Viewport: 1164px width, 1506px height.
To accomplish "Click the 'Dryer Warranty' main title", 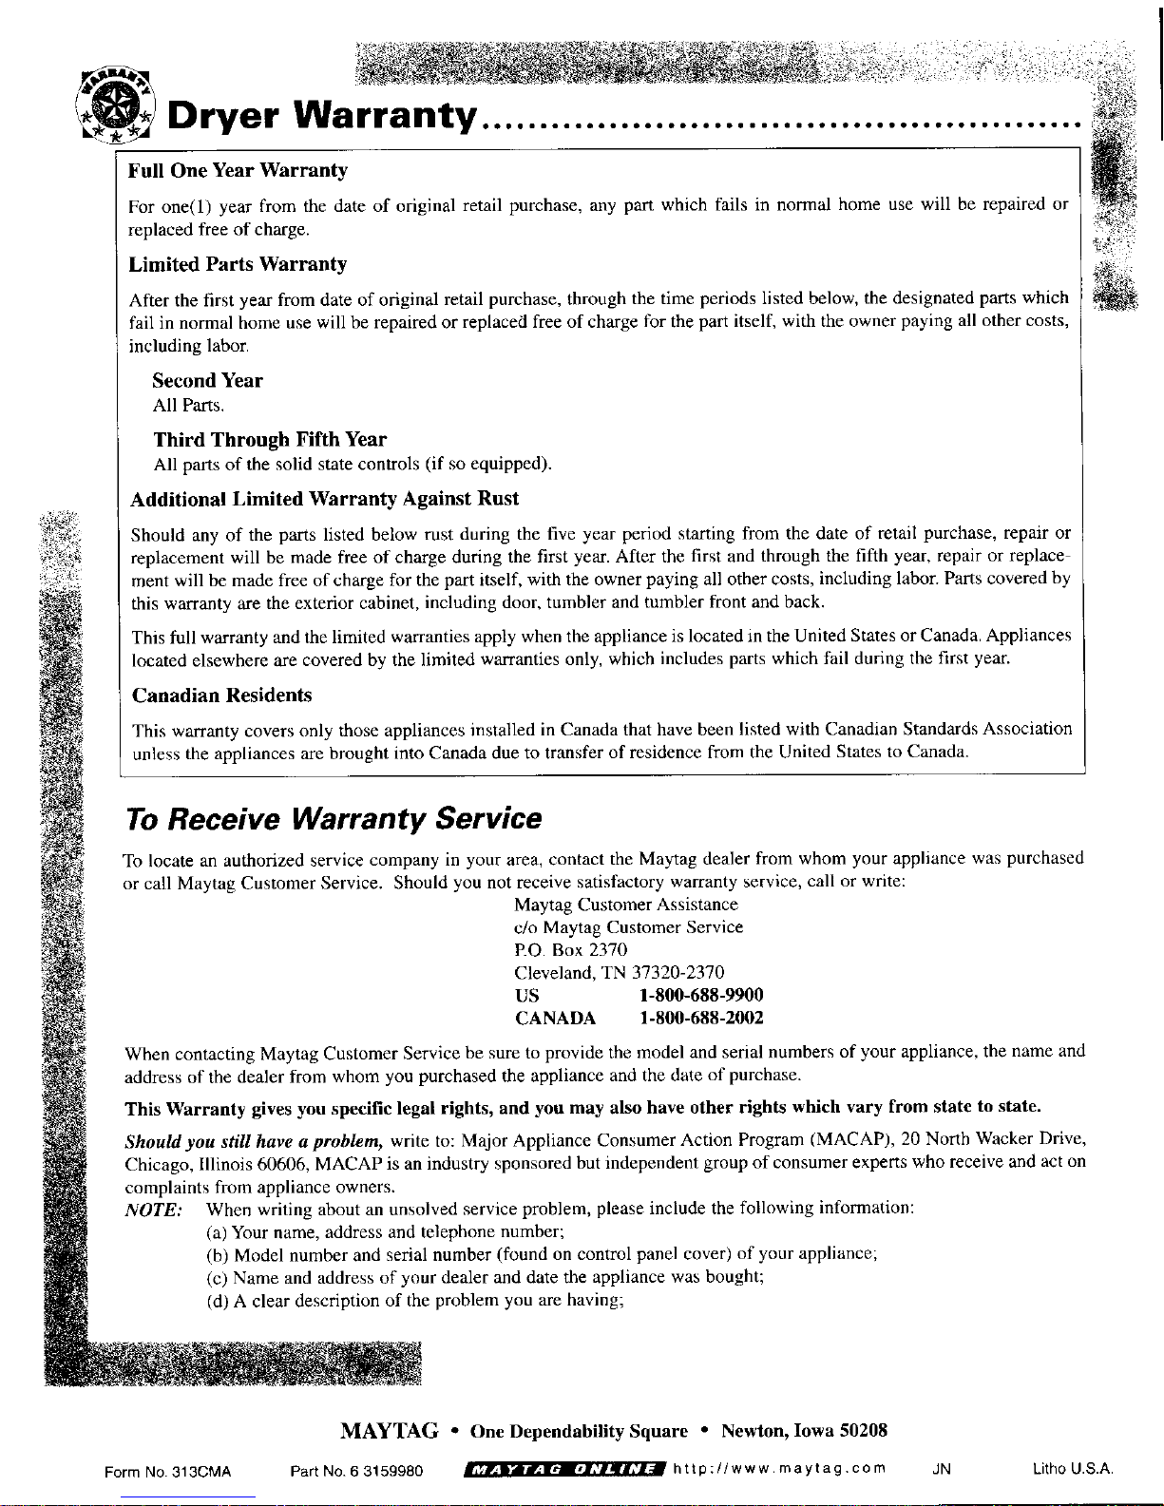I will pos(322,118).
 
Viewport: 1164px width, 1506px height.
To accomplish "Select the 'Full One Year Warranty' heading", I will pos(238,171).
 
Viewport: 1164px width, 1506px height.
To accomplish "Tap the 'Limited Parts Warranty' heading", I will pos(238,264).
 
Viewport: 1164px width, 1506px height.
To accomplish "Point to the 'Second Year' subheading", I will pos(207,381).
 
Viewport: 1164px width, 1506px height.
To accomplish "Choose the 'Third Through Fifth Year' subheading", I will pos(270,440).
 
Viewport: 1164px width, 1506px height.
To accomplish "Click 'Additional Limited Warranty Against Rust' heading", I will pos(324,500).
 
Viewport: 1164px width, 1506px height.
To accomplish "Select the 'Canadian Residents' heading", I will pos(221,696).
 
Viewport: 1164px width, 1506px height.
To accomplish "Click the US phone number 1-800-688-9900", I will pos(701,996).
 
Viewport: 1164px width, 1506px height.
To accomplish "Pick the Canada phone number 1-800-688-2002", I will pos(701,1019).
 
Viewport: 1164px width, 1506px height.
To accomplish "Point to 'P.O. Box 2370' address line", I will pos(570,950).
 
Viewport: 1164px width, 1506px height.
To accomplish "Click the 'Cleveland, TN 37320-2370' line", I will pos(619,973).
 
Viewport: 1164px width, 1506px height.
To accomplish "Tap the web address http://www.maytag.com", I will pos(779,1469).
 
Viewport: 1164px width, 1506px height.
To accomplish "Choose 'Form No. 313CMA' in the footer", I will pos(168,1473).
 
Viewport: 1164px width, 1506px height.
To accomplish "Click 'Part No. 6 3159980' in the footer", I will pos(356,1473).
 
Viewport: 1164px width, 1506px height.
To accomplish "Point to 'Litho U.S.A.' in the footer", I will pos(1073,1470).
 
